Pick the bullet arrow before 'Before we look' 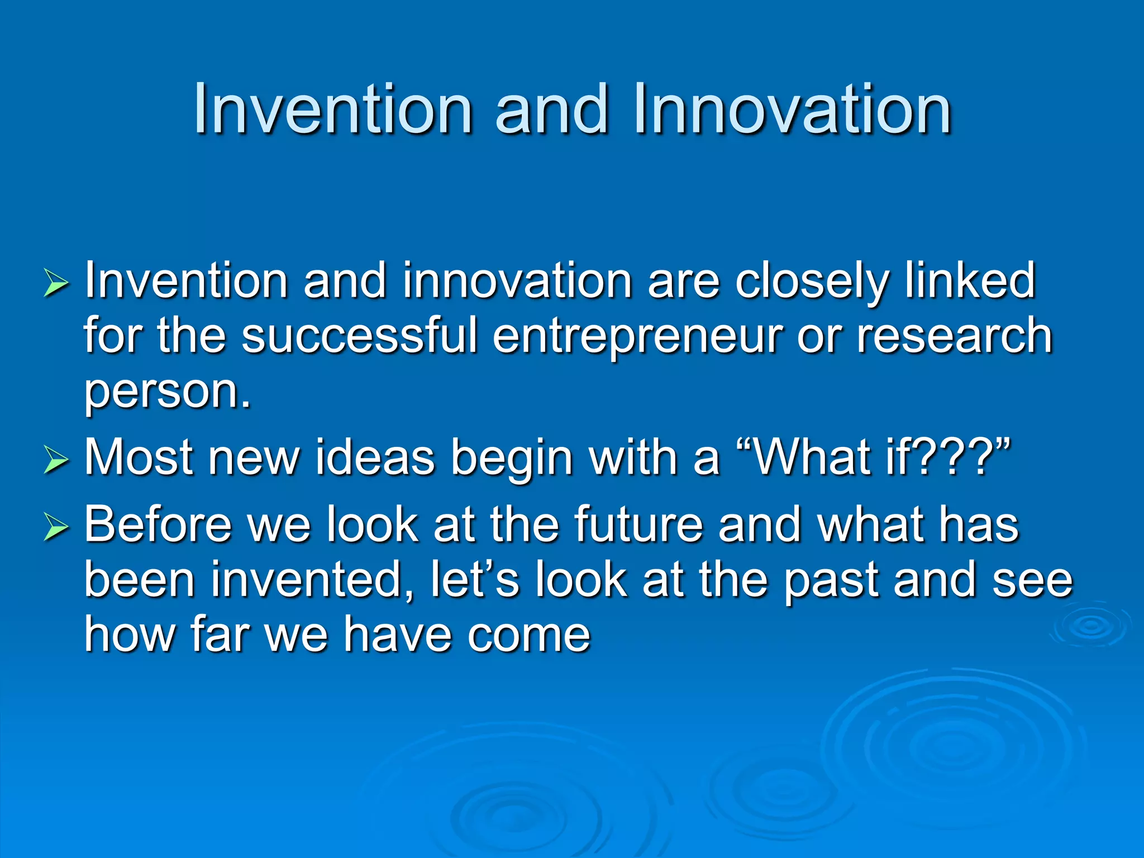click(56, 527)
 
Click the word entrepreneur click(637, 337)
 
